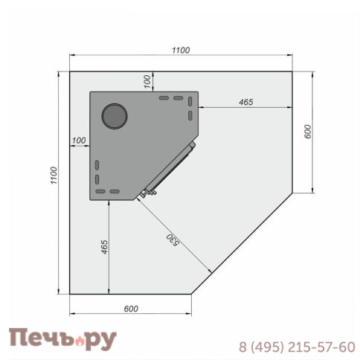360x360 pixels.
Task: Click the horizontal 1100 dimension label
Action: [181, 51]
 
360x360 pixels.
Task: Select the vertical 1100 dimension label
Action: [54, 176]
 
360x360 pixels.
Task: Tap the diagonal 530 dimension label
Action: [173, 240]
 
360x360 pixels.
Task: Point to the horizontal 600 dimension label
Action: [131, 309]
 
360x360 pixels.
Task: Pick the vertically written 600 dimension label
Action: [307, 132]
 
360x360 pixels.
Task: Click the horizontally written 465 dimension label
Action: [246, 102]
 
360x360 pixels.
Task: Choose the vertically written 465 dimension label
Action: [104, 247]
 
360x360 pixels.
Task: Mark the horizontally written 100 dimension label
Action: [79, 141]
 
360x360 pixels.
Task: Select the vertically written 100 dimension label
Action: [147, 82]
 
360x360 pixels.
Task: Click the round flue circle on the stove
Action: [115, 116]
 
